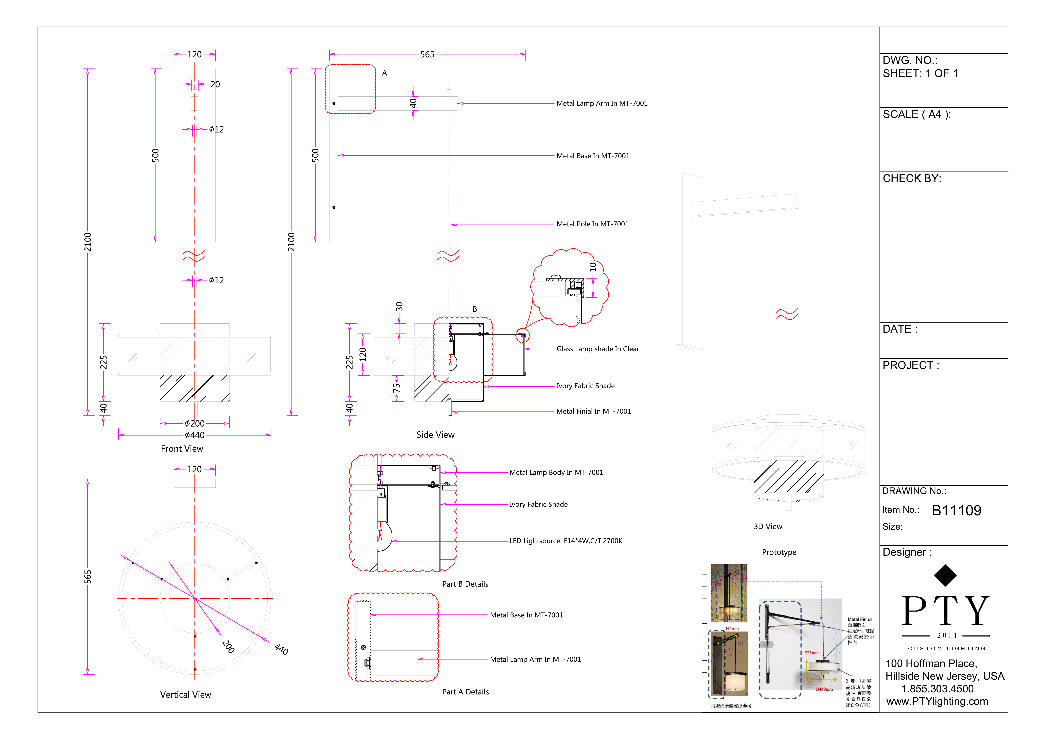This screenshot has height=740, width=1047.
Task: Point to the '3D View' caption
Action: pos(767,527)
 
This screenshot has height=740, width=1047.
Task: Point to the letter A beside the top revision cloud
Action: pos(384,73)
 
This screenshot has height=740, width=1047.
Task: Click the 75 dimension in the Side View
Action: pos(397,388)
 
